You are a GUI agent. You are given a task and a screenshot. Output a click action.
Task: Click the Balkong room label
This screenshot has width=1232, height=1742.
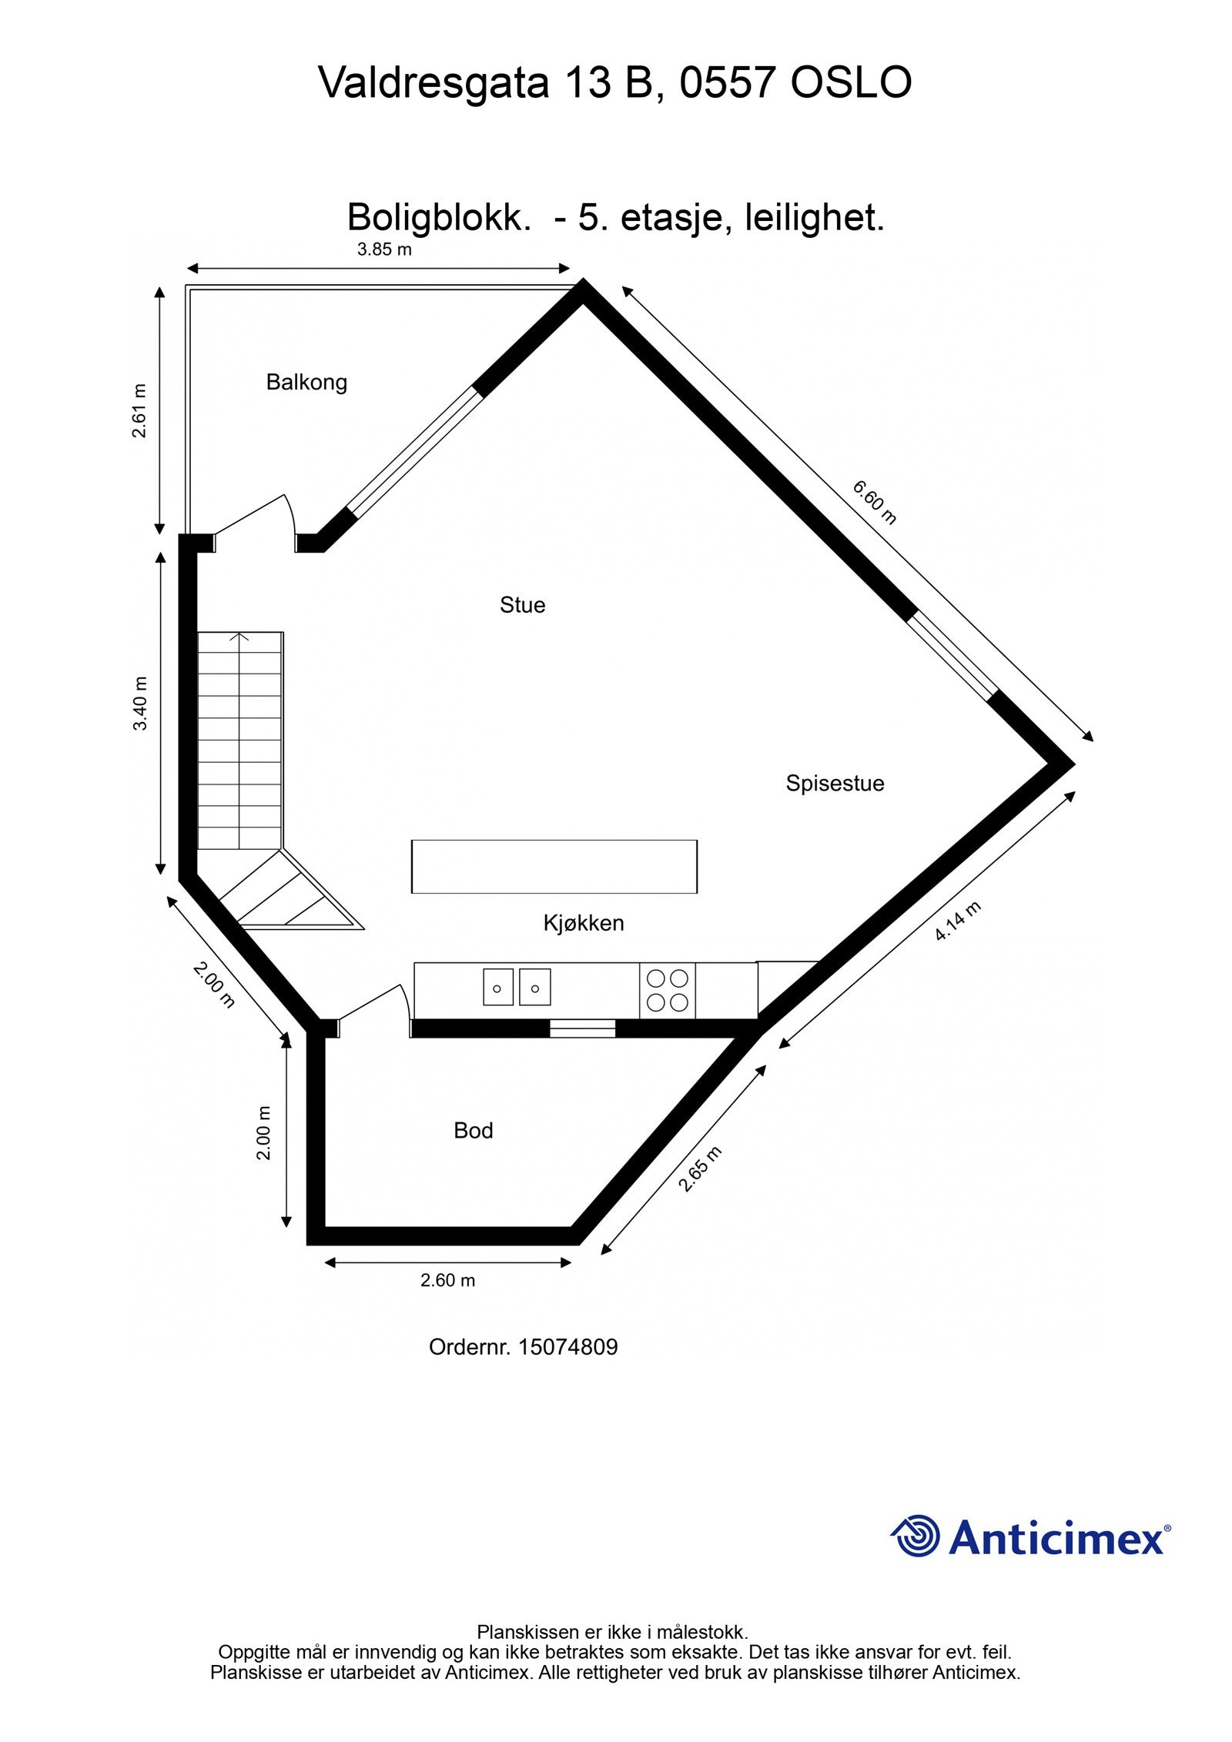[x=306, y=383]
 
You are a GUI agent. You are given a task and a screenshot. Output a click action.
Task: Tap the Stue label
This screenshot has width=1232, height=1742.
[x=522, y=605]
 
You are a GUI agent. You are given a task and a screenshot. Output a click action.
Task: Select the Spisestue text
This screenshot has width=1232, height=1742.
[x=835, y=784]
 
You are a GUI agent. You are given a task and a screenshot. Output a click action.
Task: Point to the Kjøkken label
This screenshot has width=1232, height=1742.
[x=584, y=923]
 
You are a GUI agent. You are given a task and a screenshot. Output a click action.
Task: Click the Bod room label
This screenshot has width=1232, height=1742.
[x=473, y=1131]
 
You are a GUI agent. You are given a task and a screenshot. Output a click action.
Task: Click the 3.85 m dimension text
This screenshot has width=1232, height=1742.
[x=384, y=250]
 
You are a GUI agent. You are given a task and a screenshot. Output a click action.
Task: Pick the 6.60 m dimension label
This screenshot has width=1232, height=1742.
[x=875, y=502]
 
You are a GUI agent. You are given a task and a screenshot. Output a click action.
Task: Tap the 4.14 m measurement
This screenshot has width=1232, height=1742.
[x=958, y=921]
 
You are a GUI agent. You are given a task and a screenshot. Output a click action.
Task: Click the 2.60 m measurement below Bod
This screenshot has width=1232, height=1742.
[x=447, y=1280]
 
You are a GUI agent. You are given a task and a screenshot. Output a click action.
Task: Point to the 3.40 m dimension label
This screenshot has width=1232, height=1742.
[x=140, y=704]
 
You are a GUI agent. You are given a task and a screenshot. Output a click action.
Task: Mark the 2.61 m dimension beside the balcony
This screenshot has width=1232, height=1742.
[x=139, y=410]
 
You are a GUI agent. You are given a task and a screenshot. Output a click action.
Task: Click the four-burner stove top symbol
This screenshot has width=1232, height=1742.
[x=667, y=991]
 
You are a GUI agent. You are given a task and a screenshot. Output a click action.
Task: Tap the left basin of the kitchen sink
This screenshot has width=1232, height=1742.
[x=498, y=987]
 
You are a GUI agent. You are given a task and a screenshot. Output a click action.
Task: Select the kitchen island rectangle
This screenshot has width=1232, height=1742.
[x=554, y=867]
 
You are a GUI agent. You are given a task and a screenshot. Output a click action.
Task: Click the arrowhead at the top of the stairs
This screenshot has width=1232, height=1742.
[x=240, y=637]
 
